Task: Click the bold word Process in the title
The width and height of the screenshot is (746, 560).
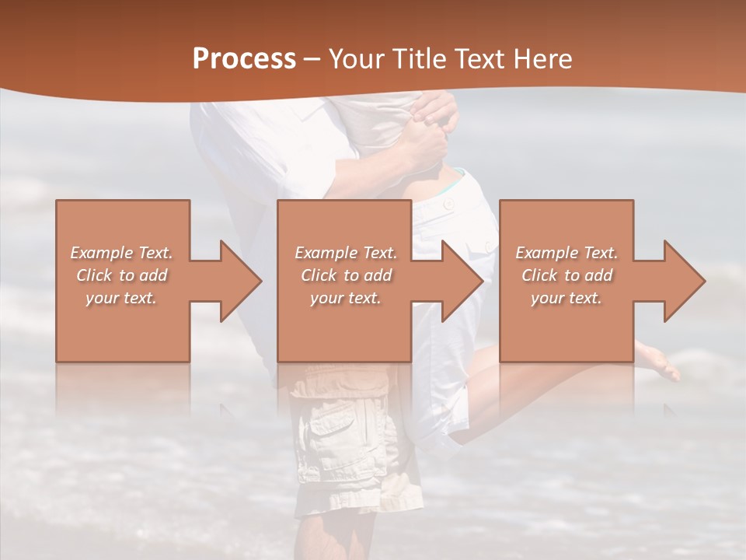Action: click(244, 59)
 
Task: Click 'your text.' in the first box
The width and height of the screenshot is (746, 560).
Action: click(121, 298)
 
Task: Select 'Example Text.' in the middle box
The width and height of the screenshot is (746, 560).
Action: click(346, 253)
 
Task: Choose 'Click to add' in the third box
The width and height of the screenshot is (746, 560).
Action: click(567, 275)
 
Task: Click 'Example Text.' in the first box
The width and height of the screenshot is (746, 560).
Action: click(121, 253)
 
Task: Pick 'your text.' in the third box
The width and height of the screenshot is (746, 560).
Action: click(566, 298)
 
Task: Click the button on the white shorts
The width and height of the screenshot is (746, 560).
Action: click(448, 204)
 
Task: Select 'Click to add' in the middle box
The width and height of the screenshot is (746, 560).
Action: click(346, 275)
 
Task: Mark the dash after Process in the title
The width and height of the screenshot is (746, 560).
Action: click(312, 59)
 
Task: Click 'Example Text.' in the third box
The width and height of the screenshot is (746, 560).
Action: click(566, 253)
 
